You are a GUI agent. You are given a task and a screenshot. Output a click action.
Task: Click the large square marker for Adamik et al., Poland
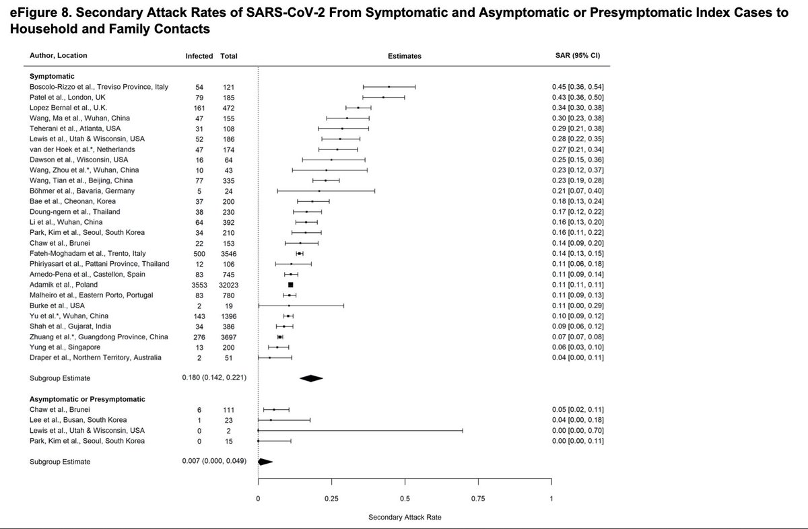click(290, 285)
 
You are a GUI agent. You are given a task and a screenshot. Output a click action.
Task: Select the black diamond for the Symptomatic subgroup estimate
click(311, 378)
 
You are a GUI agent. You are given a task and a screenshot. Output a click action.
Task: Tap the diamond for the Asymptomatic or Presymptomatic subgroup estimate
click(264, 462)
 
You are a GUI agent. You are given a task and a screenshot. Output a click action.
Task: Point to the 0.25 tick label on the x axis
click(331, 498)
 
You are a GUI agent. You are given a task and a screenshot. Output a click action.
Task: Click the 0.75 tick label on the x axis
click(478, 498)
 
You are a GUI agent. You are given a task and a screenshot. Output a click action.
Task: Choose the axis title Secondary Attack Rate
click(405, 518)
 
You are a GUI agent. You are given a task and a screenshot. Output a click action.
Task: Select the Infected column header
click(199, 56)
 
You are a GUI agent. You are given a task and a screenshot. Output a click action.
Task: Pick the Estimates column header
click(405, 56)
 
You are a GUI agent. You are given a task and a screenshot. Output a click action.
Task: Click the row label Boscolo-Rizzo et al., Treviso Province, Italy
click(99, 87)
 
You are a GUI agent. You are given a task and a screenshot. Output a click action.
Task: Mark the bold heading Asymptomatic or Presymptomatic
click(88, 399)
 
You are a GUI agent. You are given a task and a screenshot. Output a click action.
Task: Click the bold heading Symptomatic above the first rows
click(51, 76)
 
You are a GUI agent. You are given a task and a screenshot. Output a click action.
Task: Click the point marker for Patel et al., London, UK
click(384, 98)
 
